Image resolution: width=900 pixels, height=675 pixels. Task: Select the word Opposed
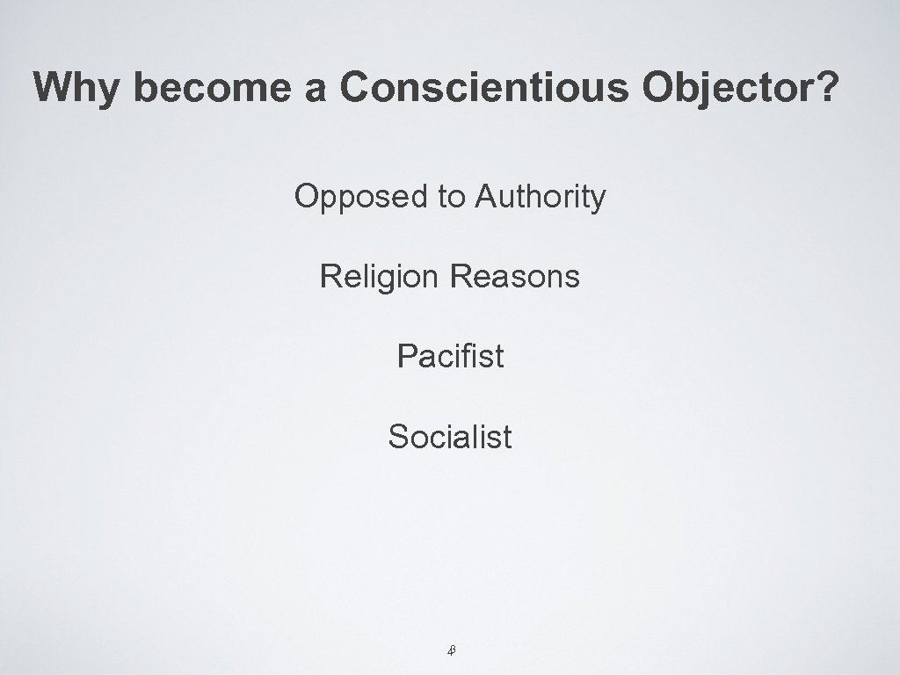pos(359,198)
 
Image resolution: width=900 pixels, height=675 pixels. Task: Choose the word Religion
pos(379,278)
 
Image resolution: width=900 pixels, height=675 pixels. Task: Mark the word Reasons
pos(514,278)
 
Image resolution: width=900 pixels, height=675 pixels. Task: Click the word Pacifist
pos(450,357)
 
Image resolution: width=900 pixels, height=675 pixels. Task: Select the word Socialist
pos(450,436)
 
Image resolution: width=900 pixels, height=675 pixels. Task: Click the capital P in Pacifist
pos(406,357)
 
